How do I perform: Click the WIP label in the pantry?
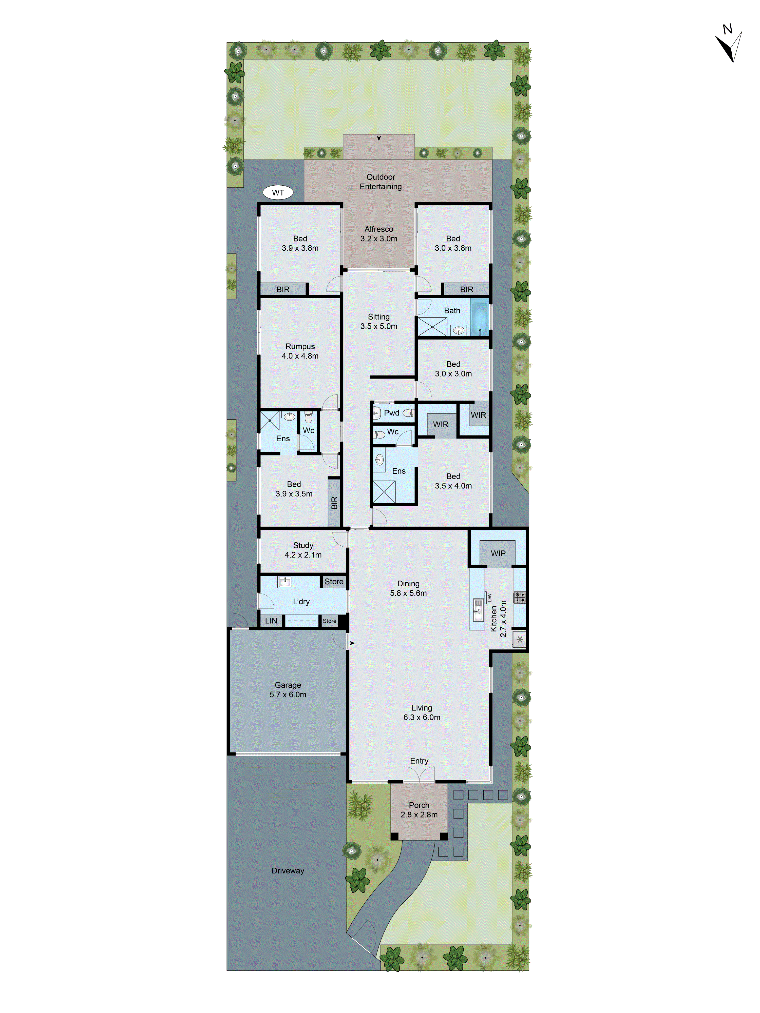(498, 553)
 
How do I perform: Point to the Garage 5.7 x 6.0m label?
(288, 690)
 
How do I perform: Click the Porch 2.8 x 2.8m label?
(419, 810)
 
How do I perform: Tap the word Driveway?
(288, 870)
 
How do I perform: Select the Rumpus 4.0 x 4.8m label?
(300, 351)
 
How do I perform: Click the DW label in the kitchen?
(489, 597)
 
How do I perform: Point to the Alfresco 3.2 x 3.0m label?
(378, 233)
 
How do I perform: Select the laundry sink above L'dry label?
(285, 582)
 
